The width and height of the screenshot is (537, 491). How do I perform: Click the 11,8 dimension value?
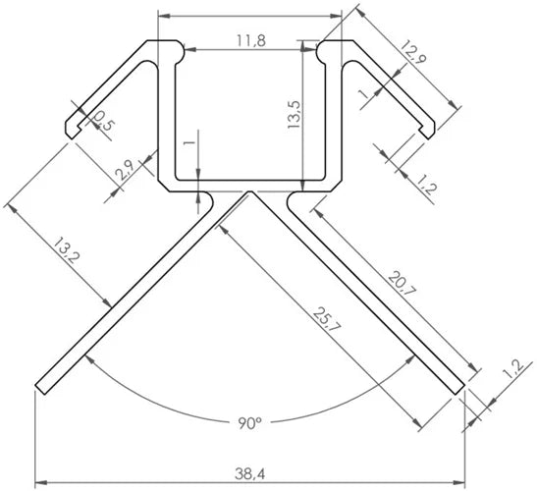[x=251, y=40]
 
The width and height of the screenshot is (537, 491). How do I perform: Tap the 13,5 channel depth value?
[x=292, y=117]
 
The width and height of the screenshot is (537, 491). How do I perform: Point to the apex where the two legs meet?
[x=249, y=193]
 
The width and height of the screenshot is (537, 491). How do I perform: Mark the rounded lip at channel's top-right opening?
[x=320, y=49]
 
